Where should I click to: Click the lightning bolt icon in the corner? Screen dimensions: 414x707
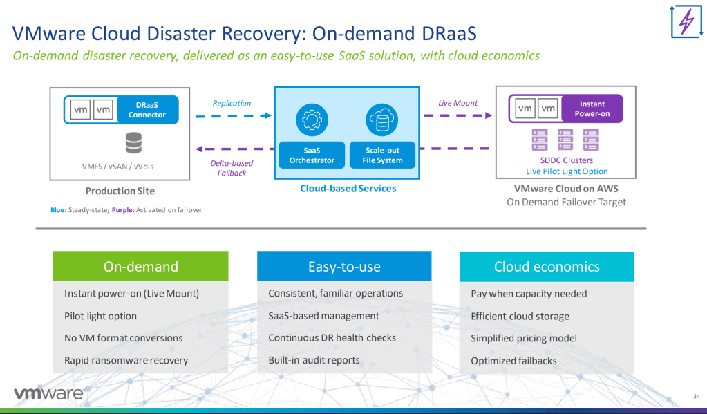click(686, 23)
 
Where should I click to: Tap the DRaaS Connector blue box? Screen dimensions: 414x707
click(147, 109)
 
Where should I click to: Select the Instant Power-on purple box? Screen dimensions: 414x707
click(592, 109)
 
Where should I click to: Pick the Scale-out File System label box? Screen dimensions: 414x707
click(381, 155)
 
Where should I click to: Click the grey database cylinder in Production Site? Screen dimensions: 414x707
click(133, 143)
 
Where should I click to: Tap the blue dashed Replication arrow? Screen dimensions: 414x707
click(232, 115)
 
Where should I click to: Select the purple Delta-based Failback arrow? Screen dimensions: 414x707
click(232, 149)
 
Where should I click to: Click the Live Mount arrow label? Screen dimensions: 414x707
click(458, 103)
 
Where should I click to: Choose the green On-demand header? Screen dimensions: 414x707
click(140, 266)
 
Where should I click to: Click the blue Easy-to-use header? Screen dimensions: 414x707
click(344, 266)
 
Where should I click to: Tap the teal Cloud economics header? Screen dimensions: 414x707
click(547, 266)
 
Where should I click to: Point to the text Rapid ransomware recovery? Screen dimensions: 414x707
click(126, 360)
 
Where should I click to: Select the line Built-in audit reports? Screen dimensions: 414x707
click(314, 360)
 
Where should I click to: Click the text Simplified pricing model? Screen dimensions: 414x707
click(523, 339)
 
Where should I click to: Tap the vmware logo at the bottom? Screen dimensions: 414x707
click(48, 394)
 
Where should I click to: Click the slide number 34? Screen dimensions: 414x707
click(696, 395)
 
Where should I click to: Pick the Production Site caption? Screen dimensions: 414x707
click(120, 191)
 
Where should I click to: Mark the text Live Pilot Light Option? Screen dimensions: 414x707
click(567, 171)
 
